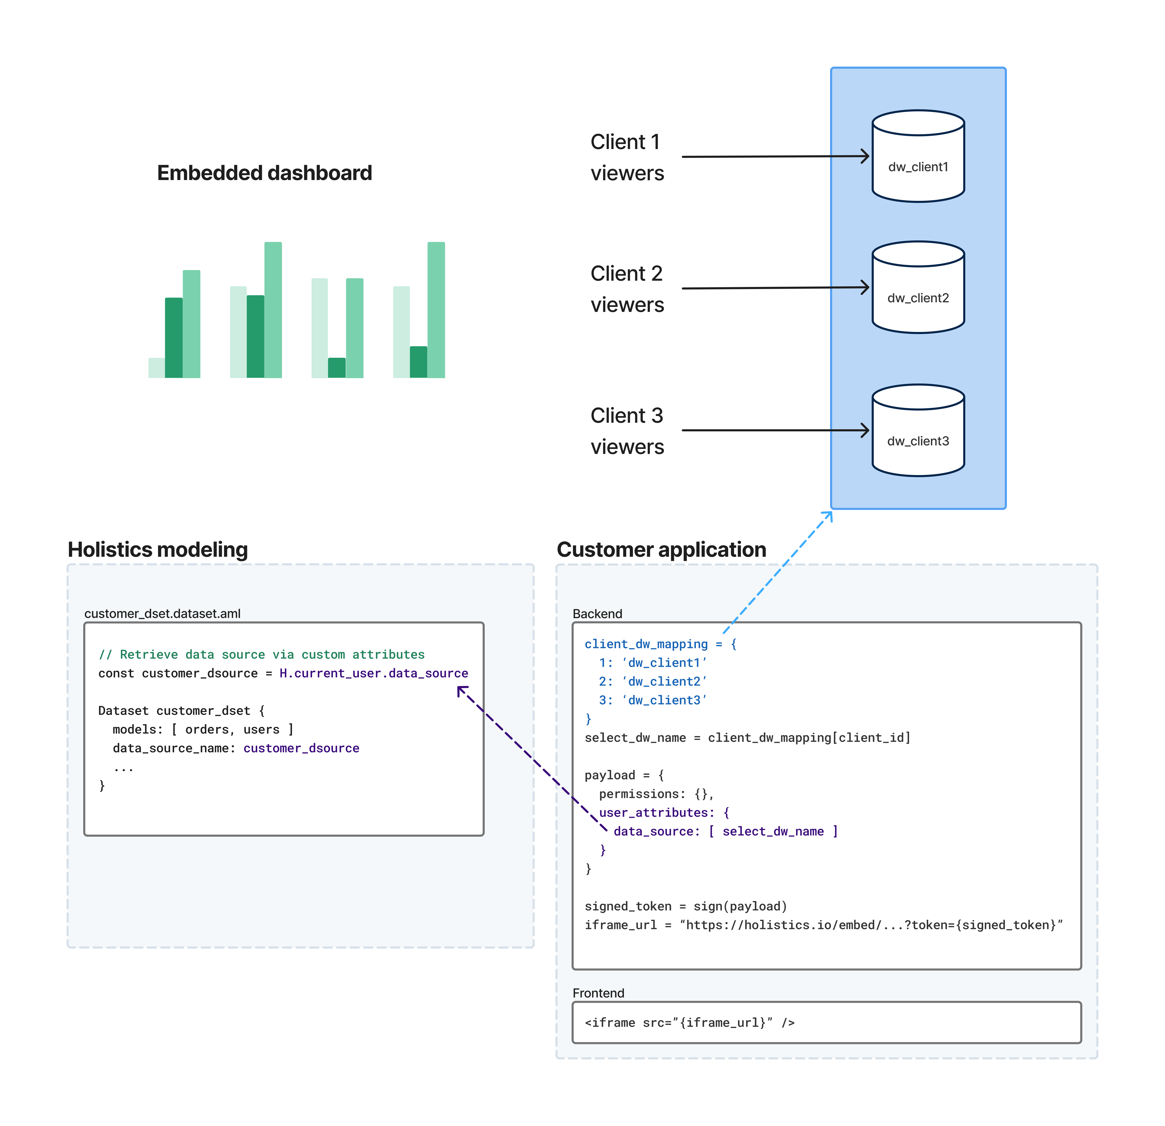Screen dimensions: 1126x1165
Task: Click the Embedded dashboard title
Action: click(x=264, y=173)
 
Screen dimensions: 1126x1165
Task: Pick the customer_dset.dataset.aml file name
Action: click(x=162, y=613)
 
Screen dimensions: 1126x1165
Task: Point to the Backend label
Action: click(x=597, y=613)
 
